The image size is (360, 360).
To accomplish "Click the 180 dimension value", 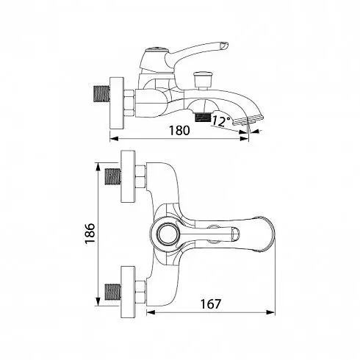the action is point(179,131).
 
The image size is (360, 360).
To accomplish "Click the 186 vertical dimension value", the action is point(90,233).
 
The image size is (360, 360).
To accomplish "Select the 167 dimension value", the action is point(211,304).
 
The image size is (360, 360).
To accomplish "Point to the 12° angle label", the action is point(221,121).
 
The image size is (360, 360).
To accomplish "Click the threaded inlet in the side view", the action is point(101,93).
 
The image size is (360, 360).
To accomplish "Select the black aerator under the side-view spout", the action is point(203,117).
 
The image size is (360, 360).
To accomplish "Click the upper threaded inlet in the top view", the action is point(113,176).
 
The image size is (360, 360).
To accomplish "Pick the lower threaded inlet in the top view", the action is point(113,292).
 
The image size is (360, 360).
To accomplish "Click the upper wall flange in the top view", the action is point(128,176).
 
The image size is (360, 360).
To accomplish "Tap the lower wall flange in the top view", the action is point(128,292).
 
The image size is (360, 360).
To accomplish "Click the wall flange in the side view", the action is point(117,103).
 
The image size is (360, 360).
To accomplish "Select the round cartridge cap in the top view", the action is point(166,233).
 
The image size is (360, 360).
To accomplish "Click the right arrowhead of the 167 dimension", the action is point(270,312).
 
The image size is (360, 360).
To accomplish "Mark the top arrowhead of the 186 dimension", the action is point(98,168).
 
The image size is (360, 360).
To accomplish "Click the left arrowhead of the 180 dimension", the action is point(114,139).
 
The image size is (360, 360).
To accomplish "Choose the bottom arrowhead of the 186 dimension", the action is point(98,301).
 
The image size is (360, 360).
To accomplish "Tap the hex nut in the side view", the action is point(129,103).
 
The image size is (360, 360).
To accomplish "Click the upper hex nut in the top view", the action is point(140,176).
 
